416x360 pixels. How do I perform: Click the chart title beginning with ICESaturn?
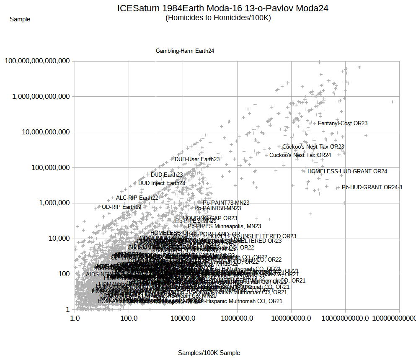coord(223,8)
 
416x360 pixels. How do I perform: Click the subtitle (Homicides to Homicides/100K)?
coord(218,18)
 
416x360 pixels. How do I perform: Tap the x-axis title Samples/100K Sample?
coord(209,353)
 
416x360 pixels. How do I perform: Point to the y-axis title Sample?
coord(20,19)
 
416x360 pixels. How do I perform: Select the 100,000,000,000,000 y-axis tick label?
coord(37,61)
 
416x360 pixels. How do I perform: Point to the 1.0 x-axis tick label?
coord(75,318)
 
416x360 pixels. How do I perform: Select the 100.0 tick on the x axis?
coord(129,318)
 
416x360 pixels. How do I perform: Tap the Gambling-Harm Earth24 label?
coord(185,51)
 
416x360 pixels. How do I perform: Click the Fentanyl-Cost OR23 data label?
coord(343,123)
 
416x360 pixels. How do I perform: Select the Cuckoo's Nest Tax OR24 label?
coord(300,155)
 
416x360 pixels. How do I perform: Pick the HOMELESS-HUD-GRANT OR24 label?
coord(347,171)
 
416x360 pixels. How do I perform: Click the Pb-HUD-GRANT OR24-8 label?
coord(372,187)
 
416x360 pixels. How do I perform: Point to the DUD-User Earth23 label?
coord(197,159)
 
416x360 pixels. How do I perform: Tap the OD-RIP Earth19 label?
coord(121,207)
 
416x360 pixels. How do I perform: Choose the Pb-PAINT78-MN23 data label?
coord(226,203)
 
